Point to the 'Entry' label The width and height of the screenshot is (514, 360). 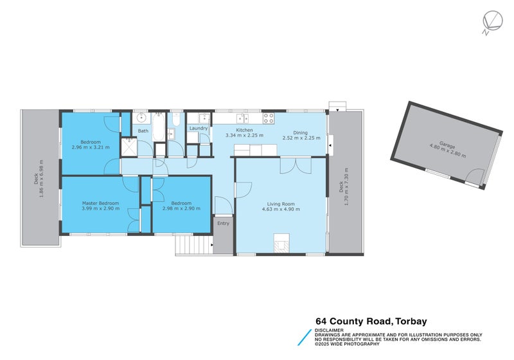[x=223, y=223]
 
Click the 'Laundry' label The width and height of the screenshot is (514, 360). [x=199, y=129]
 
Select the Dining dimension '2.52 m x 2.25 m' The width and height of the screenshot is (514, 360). [x=301, y=138]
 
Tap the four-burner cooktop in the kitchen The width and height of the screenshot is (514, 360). [x=269, y=118]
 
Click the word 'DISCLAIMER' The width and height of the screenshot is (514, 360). [x=329, y=330]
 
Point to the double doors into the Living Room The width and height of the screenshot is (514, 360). [x=296, y=165]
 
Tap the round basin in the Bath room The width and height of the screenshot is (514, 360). [x=141, y=118]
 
